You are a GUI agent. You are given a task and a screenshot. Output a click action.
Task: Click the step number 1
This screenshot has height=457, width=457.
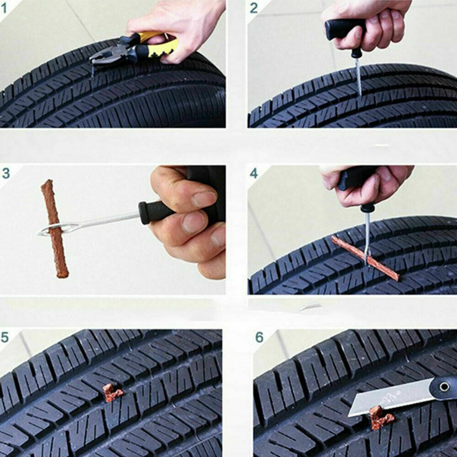pyautogui.click(x=4, y=7)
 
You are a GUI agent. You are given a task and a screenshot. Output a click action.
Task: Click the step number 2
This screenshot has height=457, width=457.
pyautogui.click(x=254, y=8)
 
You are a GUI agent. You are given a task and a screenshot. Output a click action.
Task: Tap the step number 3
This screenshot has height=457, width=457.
pyautogui.click(x=5, y=173)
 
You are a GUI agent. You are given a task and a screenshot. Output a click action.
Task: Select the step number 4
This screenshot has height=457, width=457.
pyautogui.click(x=254, y=174)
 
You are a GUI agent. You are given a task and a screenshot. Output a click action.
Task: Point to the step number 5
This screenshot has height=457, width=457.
pyautogui.click(x=5, y=338)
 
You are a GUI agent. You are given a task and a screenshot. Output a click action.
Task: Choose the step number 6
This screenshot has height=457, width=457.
pyautogui.click(x=259, y=338)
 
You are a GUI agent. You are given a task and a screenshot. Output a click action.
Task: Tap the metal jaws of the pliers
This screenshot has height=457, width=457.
pyautogui.click(x=103, y=58)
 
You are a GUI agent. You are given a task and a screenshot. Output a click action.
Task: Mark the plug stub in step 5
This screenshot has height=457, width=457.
pyautogui.click(x=112, y=392)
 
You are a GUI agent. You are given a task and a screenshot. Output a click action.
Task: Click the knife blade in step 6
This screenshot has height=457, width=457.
pyautogui.click(x=389, y=398)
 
